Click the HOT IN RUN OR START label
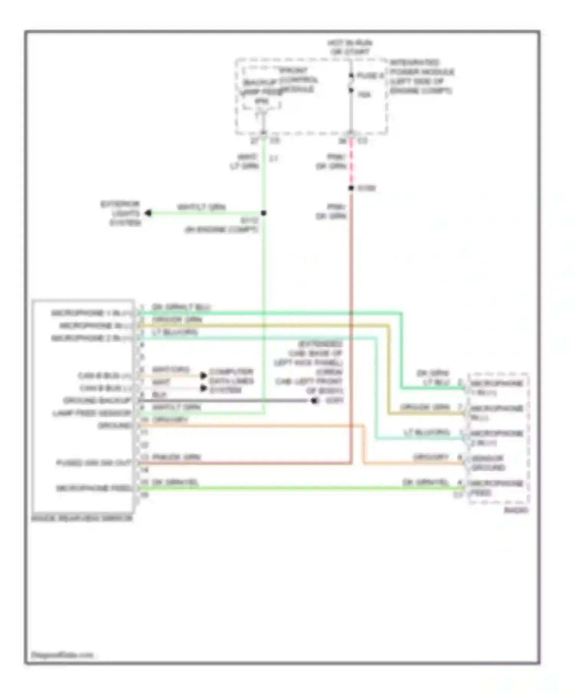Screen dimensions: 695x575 (x=349, y=47)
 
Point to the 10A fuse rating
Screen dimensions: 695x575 (x=364, y=94)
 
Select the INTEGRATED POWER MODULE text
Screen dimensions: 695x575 (x=421, y=77)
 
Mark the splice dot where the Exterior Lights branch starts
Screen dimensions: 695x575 (x=264, y=213)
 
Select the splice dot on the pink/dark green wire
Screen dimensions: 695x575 (x=351, y=188)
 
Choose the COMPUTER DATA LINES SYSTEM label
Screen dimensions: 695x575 (x=231, y=381)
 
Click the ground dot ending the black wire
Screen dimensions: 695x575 (x=314, y=401)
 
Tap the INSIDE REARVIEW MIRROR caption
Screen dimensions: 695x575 (x=82, y=518)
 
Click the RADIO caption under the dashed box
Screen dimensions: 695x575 (x=516, y=510)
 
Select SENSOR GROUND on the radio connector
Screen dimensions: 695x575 (x=488, y=463)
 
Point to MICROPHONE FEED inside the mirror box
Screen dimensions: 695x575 (x=94, y=488)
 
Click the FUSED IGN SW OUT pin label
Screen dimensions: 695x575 (x=94, y=463)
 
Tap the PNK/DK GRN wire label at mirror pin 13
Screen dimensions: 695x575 (x=176, y=457)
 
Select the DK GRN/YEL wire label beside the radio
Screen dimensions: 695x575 (x=425, y=482)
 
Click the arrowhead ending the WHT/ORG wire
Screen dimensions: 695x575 (x=204, y=375)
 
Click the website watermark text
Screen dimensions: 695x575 (x=62, y=655)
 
